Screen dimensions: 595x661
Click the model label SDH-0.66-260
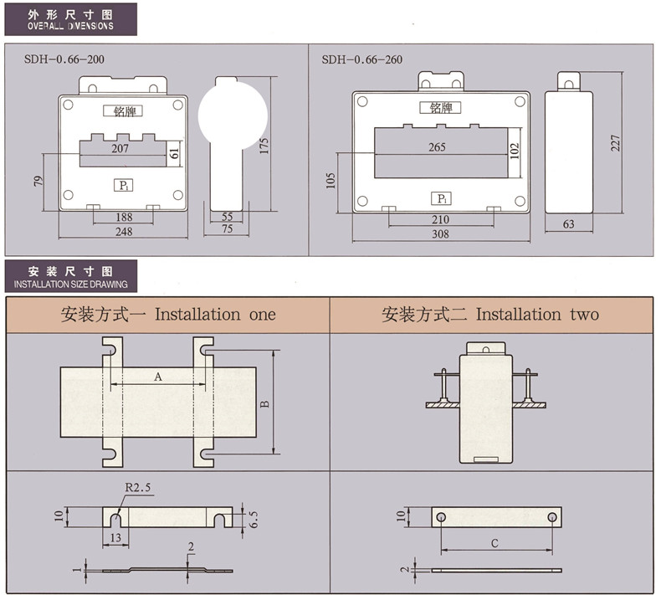tap(361, 59)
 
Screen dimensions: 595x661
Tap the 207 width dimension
tap(120, 148)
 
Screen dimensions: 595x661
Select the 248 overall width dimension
tap(124, 232)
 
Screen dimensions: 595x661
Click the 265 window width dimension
tap(437, 147)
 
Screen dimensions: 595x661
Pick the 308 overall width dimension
tap(440, 234)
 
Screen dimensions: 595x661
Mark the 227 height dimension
tap(616, 142)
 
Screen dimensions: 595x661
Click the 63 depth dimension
tap(569, 223)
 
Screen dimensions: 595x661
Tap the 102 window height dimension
tap(515, 151)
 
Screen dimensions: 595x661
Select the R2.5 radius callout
tap(138, 487)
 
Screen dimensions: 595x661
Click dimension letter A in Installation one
tap(157, 377)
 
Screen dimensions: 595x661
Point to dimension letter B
tap(264, 404)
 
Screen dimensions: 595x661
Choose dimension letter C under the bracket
tap(494, 543)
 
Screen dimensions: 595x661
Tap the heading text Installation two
tap(537, 315)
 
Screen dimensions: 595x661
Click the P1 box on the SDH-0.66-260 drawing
tap(441, 198)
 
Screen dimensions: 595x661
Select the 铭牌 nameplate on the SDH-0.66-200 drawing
tap(123, 110)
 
